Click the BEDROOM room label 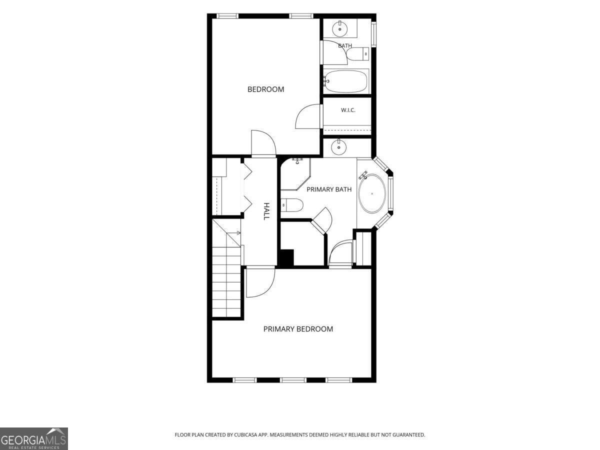(265, 89)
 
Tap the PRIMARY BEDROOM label (298, 329)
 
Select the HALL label (266, 211)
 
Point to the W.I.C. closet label (348, 110)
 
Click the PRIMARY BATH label (329, 189)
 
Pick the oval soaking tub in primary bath (372, 193)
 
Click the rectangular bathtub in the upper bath (346, 81)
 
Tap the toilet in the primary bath (292, 205)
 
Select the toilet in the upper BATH (358, 54)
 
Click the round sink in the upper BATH (340, 28)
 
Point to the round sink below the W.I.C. (339, 147)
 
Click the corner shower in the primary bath (295, 174)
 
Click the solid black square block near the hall (285, 257)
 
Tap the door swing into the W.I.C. (308, 116)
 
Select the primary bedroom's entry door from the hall (260, 282)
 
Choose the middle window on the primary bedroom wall (293, 380)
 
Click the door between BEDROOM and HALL (263, 143)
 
